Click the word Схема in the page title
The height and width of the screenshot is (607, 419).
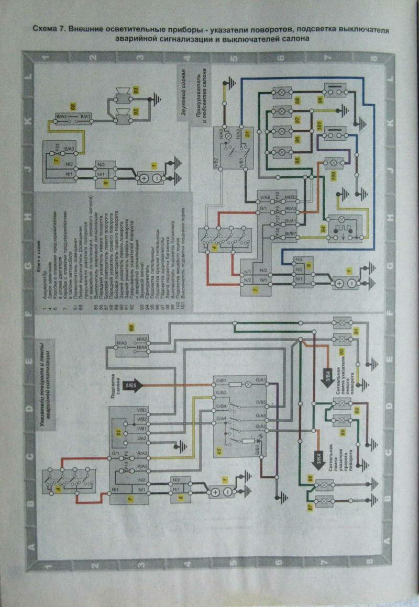click(45, 30)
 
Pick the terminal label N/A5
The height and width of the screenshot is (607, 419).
click(123, 344)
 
